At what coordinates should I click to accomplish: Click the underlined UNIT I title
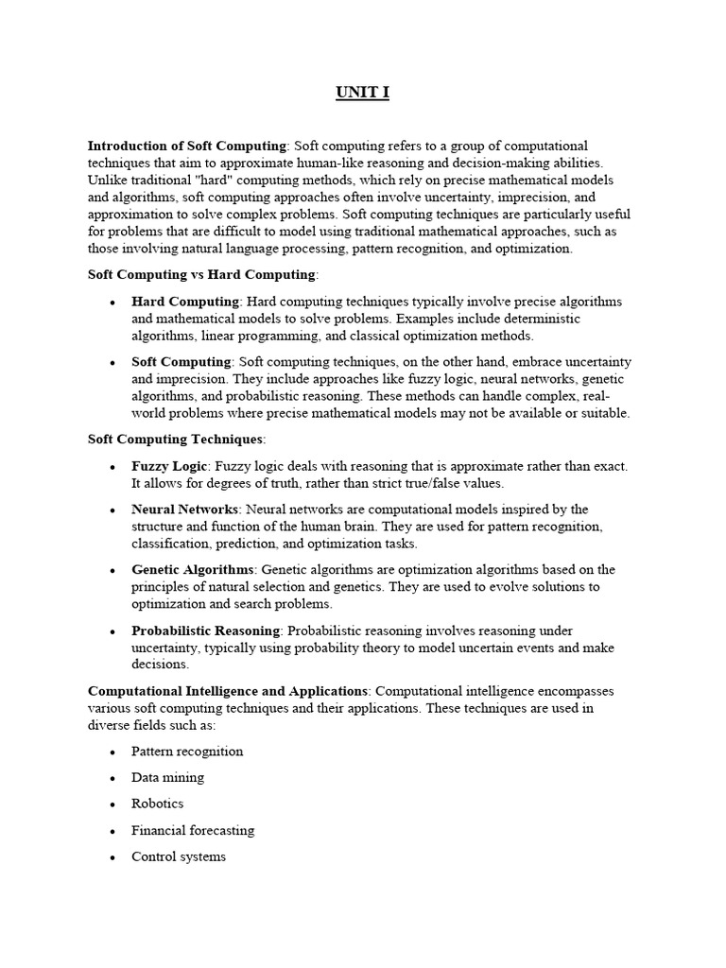pos(362,93)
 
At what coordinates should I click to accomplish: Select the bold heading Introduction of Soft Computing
pos(186,146)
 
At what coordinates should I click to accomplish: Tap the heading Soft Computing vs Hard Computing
pos(201,274)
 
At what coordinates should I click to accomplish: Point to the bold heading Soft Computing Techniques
pos(175,440)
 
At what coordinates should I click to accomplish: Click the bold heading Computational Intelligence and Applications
pos(227,691)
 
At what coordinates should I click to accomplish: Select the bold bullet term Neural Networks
pos(185,510)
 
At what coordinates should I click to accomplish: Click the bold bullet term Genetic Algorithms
pos(193,570)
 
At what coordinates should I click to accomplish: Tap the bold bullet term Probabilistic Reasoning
pos(205,631)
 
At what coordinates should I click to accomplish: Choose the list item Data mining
pos(167,777)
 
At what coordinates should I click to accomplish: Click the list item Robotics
pos(158,804)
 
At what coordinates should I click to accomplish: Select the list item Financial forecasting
pos(193,830)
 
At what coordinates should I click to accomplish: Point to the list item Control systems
pos(179,856)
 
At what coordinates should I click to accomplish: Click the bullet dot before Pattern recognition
pos(112,752)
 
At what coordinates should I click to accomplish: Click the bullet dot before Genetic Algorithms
pos(112,571)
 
